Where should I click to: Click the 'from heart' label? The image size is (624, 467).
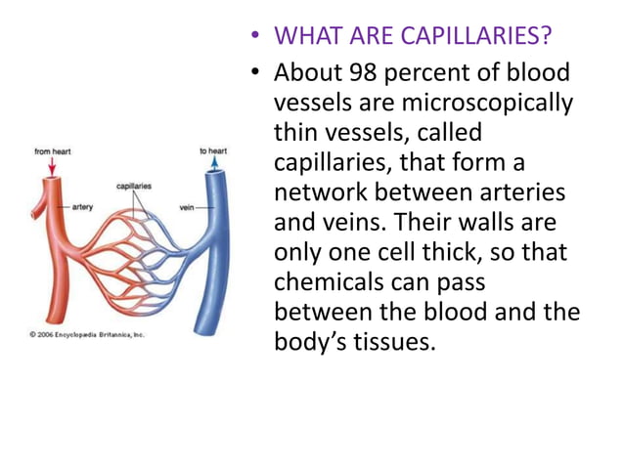(x=53, y=152)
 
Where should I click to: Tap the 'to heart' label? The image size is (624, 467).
(x=213, y=151)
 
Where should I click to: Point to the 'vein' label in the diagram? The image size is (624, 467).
(x=187, y=207)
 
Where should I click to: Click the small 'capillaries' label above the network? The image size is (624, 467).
(x=134, y=186)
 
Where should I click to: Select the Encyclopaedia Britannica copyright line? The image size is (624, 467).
(x=85, y=334)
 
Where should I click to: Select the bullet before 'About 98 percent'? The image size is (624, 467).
(x=256, y=73)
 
